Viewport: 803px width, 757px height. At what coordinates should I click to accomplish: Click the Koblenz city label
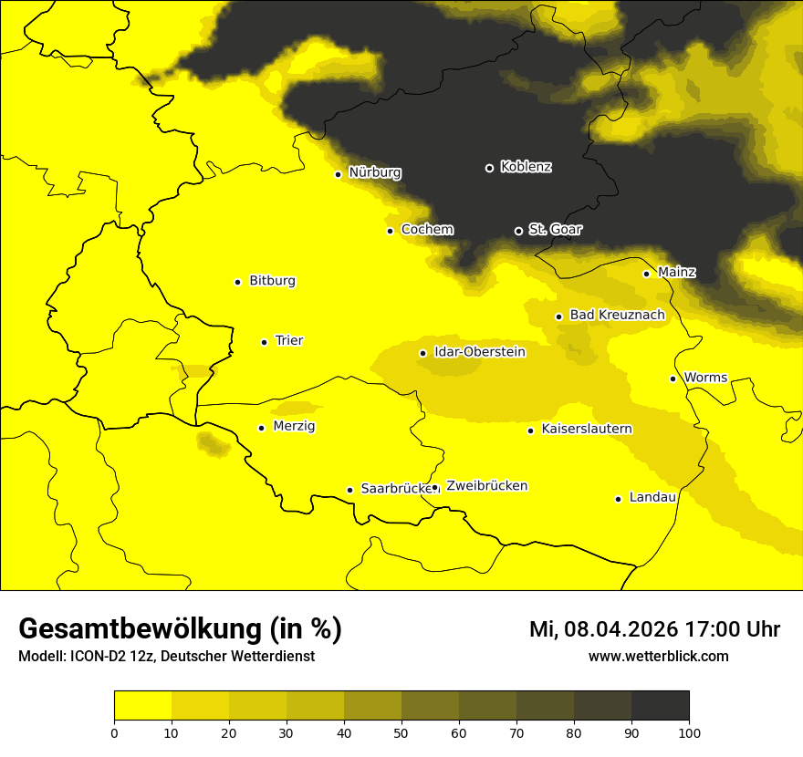click(526, 167)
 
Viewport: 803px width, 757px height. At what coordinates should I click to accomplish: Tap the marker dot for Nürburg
click(339, 174)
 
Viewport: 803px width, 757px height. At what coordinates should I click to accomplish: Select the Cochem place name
click(427, 230)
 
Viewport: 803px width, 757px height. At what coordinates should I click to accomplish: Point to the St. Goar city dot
click(518, 231)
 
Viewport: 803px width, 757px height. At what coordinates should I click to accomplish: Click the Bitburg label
click(272, 281)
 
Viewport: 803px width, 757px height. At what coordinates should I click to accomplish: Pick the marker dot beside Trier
click(264, 342)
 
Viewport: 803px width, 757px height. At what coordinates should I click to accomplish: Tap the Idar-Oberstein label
click(479, 352)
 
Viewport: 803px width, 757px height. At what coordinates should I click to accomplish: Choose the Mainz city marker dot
click(646, 274)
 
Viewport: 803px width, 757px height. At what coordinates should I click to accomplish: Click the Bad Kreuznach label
click(617, 316)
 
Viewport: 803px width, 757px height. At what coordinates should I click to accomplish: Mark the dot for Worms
click(673, 378)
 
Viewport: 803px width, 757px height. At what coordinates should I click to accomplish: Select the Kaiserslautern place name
click(587, 429)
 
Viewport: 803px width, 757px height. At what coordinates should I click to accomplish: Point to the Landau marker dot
click(618, 499)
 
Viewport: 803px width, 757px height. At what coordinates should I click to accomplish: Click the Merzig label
click(295, 427)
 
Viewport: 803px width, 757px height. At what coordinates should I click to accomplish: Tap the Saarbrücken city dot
click(349, 490)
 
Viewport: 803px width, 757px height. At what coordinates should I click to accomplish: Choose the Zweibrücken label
click(486, 486)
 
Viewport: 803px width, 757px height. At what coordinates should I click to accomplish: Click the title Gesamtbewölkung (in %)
click(180, 629)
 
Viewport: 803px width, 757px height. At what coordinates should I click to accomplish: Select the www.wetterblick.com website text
click(658, 657)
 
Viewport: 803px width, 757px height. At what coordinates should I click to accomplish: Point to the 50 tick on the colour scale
click(401, 731)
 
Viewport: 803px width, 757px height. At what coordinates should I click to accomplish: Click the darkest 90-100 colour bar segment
click(660, 705)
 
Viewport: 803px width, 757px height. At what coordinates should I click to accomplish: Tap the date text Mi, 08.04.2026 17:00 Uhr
click(654, 629)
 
